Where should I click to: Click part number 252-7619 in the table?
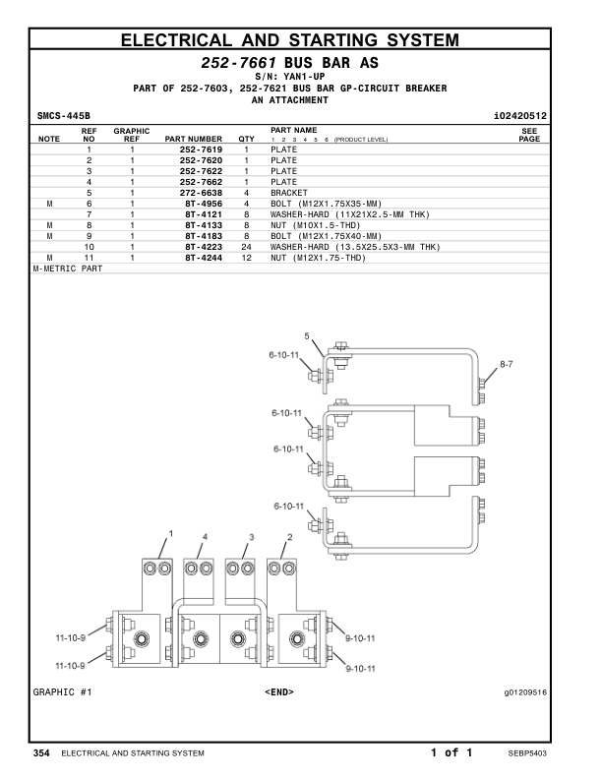tap(201, 150)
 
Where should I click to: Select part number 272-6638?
tap(201, 193)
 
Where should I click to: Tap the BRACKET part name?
tap(289, 193)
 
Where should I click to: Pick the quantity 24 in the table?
tap(246, 247)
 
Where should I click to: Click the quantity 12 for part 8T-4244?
tap(246, 258)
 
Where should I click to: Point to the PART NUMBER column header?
tap(193, 139)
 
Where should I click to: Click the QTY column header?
tap(246, 139)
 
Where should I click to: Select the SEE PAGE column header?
tap(529, 135)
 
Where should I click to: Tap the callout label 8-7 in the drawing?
tap(507, 364)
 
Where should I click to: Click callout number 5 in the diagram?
tap(307, 336)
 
